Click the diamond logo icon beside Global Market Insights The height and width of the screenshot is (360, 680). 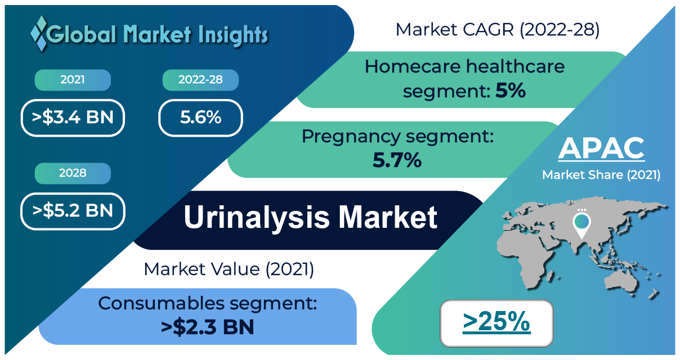point(39,33)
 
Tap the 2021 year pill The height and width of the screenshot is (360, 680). point(73,80)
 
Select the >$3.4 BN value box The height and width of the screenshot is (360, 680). point(73,118)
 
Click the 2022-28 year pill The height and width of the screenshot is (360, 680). point(200,80)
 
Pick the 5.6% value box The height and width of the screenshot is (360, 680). point(200,118)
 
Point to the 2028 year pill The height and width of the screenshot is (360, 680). point(73,173)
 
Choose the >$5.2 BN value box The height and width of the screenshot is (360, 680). point(73,211)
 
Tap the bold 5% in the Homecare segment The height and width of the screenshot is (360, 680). point(511,91)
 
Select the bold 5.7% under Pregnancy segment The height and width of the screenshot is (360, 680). point(397,160)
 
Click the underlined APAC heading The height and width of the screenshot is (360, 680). point(601,148)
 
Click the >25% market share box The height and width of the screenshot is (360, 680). point(496,323)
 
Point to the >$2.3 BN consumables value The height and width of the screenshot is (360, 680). point(207,327)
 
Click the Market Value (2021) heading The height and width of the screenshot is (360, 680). point(229,269)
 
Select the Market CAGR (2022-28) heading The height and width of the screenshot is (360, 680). point(498,30)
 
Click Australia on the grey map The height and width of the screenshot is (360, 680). point(621,281)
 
